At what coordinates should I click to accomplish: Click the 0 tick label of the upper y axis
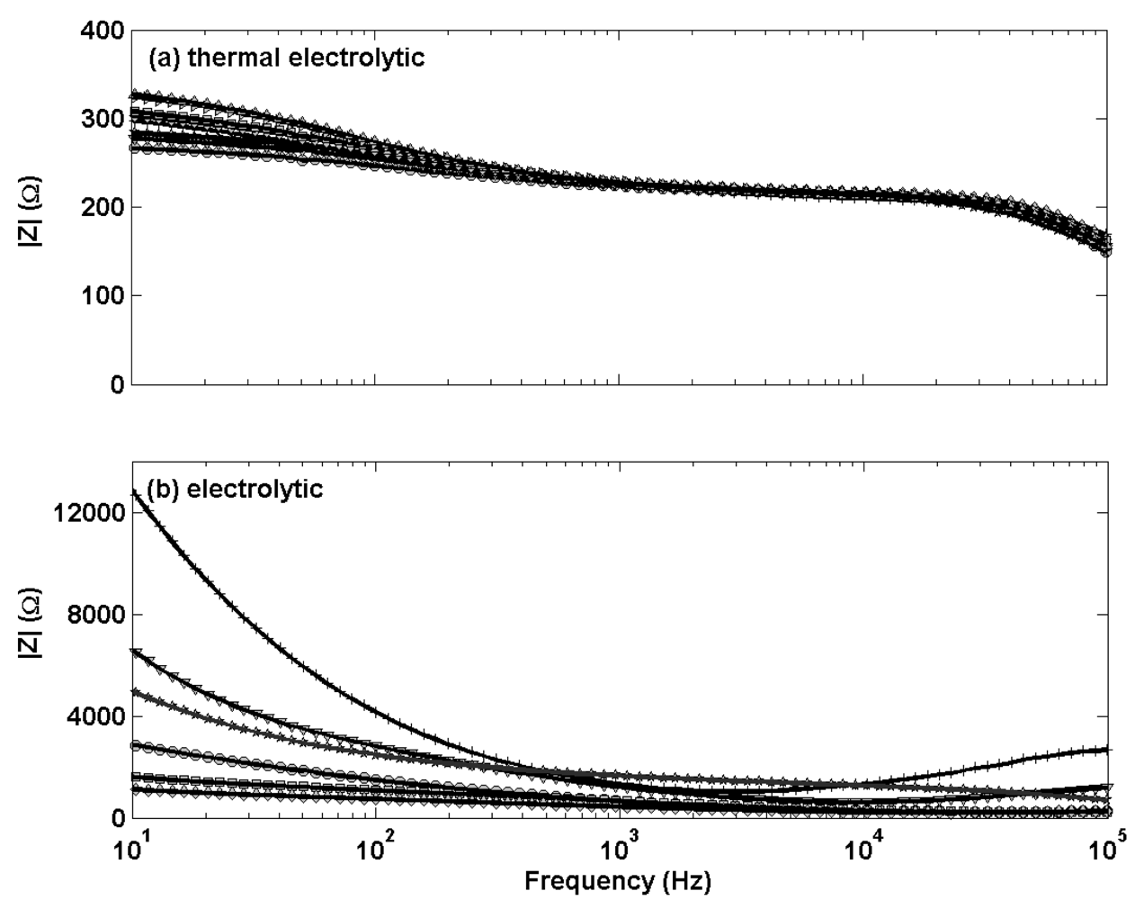point(114,384)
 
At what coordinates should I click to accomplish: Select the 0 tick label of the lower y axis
point(114,818)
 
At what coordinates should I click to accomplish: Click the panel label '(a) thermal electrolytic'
point(286,59)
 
